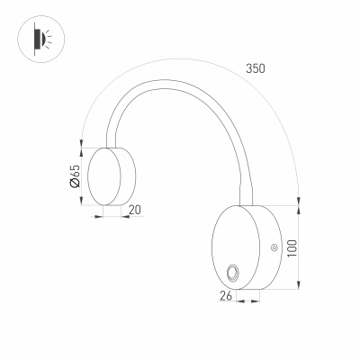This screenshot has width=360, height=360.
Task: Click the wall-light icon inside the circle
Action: (38, 38)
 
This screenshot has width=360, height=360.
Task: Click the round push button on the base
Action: (233, 273)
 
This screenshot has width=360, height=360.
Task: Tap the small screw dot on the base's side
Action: (274, 246)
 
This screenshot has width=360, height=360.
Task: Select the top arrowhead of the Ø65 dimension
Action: (82, 147)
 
